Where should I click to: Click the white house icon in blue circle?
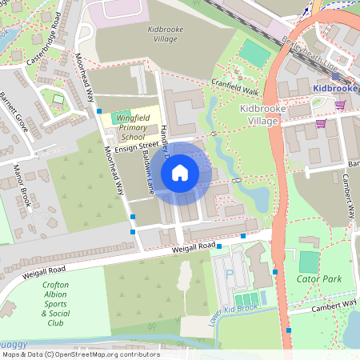tap(180, 172)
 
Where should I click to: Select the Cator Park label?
tap(319, 279)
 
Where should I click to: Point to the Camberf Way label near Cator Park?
tap(334, 304)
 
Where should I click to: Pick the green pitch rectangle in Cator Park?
tap(309, 262)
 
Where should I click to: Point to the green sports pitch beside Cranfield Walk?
tap(255, 53)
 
